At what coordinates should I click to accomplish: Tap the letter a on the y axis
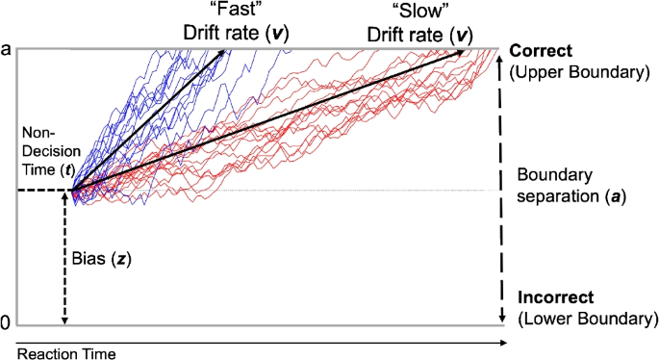[x=6, y=48]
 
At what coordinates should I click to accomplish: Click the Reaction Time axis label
[x=58, y=353]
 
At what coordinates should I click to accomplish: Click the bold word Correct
[x=544, y=50]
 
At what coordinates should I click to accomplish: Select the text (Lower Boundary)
[x=588, y=318]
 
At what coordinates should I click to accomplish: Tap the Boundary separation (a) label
[x=571, y=191]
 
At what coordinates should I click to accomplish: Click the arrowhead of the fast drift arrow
[x=226, y=53]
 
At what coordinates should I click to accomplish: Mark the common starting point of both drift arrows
[x=70, y=191]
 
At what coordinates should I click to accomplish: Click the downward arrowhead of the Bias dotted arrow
[x=65, y=321]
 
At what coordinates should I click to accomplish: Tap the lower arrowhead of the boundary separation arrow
[x=501, y=319]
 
